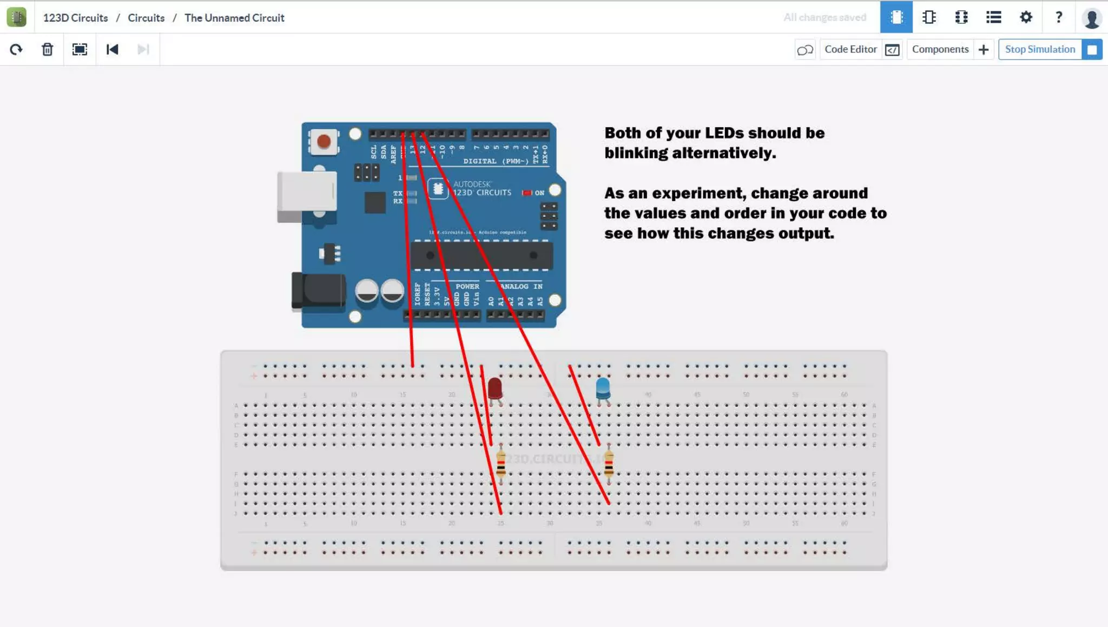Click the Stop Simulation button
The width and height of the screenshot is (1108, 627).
(x=1040, y=49)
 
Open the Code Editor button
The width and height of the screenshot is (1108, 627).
(x=851, y=49)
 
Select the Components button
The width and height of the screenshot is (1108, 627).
(x=940, y=49)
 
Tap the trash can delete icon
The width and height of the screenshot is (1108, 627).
(x=48, y=50)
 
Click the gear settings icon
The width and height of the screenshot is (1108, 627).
(x=1026, y=17)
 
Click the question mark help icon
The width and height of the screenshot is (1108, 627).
(x=1059, y=17)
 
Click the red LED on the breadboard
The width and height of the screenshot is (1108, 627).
(x=494, y=388)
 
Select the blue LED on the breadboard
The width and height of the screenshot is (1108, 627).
(x=603, y=388)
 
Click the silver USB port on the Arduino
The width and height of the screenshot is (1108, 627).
(x=307, y=192)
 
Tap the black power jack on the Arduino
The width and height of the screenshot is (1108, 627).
(x=318, y=291)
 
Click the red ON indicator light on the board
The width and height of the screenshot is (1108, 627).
(x=526, y=193)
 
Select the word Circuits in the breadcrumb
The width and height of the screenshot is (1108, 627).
(x=146, y=18)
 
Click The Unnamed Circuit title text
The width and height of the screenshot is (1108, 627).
(x=234, y=18)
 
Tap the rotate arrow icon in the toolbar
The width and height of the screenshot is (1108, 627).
(x=16, y=50)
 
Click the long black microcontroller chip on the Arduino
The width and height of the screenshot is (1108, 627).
(x=482, y=255)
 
